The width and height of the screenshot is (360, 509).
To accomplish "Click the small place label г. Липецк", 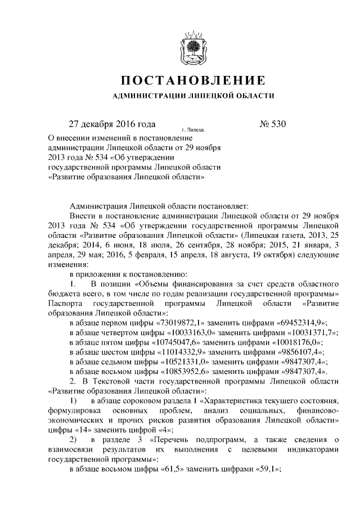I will click(192, 129).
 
